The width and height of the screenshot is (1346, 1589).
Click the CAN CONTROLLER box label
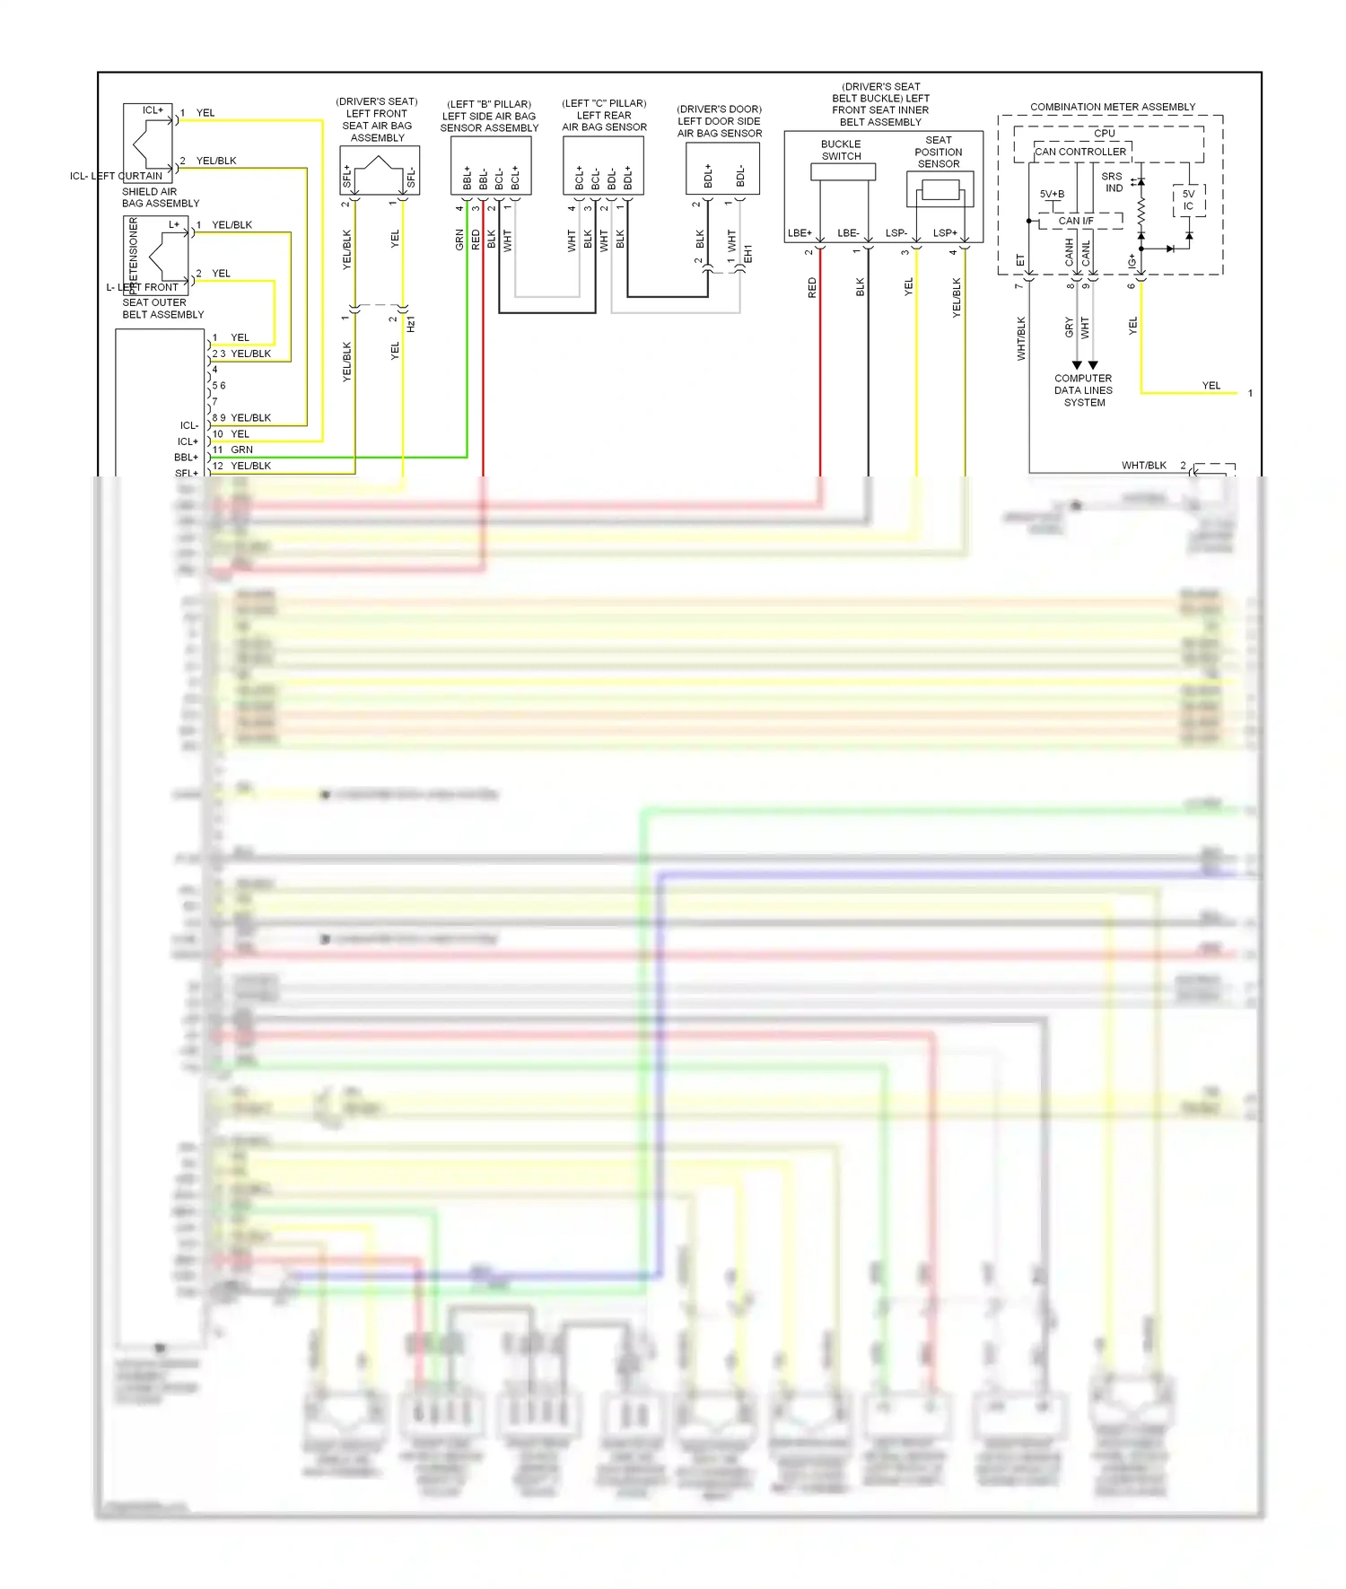[x=1080, y=152]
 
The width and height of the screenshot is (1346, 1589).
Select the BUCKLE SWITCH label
[x=841, y=150]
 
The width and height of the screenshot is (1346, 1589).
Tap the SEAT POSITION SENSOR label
[x=939, y=152]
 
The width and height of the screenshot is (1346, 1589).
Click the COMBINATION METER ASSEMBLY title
[x=1112, y=107]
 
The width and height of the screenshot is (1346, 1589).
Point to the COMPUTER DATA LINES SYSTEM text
[x=1083, y=390]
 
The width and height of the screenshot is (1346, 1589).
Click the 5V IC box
[x=1188, y=200]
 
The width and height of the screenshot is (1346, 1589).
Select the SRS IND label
[x=1113, y=182]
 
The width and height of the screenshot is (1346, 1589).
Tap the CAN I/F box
[x=1075, y=221]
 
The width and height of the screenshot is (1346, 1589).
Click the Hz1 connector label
[x=411, y=324]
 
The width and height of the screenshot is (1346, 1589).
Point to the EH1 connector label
[x=748, y=254]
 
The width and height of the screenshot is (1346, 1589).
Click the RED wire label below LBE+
[x=812, y=287]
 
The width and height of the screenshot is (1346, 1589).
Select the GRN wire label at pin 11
[x=241, y=450]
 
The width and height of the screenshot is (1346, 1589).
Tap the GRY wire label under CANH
[x=1069, y=327]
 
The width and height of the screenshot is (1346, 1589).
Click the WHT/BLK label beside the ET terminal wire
[x=1021, y=338]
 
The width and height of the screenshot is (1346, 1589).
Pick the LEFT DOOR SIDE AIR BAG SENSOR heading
[x=719, y=121]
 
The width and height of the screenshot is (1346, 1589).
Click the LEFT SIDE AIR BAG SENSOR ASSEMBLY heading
[x=489, y=117]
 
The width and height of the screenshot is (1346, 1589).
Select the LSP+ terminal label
[x=945, y=233]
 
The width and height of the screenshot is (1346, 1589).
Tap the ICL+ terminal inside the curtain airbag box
[x=153, y=110]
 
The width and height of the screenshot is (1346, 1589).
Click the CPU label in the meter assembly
[x=1105, y=133]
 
